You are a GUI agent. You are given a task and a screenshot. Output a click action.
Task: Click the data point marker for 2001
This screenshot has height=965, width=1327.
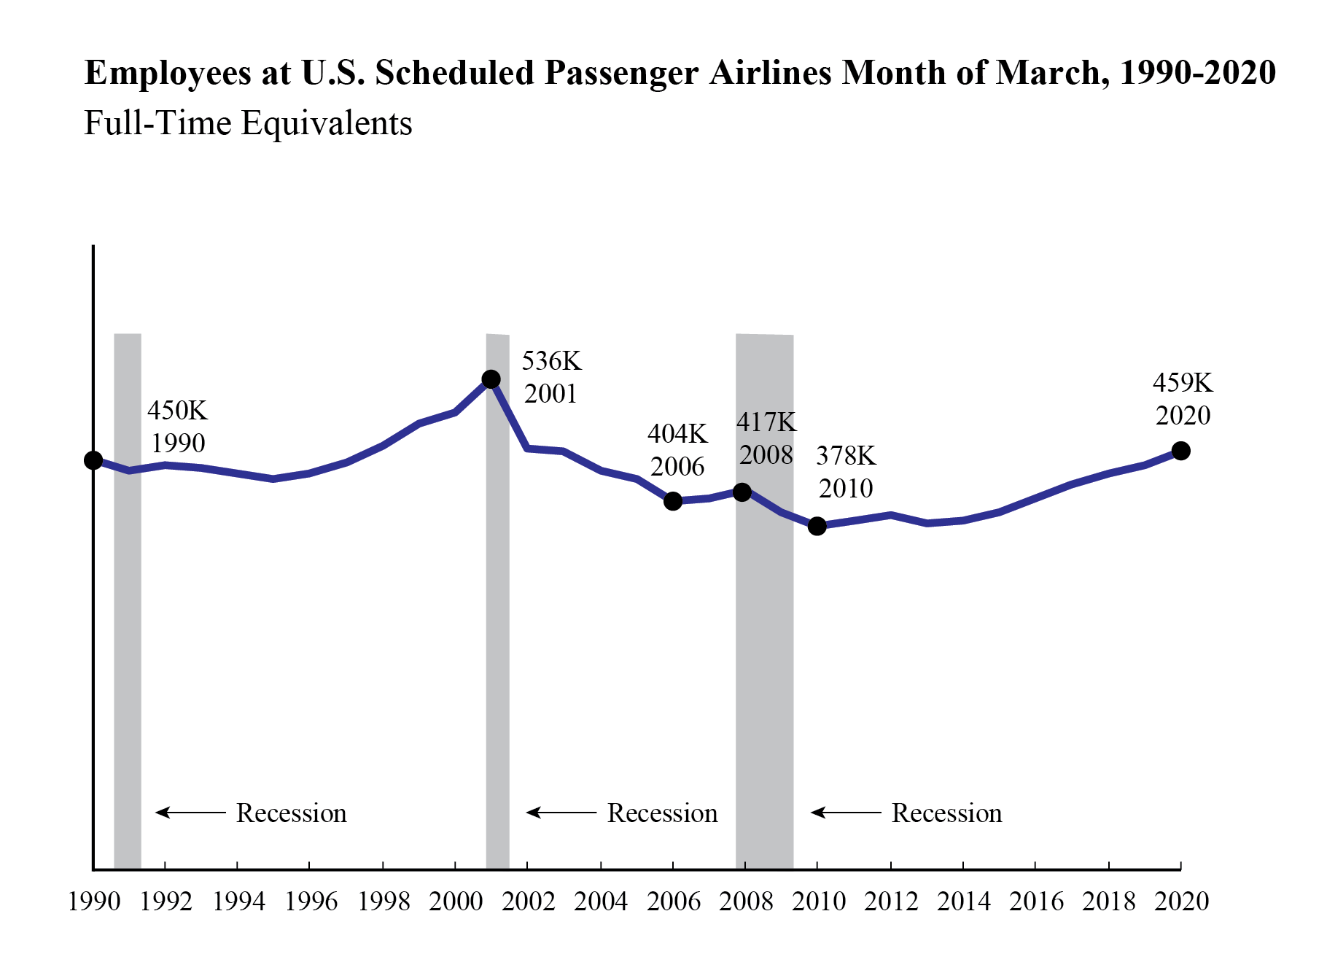point(491,379)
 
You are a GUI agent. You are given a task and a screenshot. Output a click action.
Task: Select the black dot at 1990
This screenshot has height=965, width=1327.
point(93,460)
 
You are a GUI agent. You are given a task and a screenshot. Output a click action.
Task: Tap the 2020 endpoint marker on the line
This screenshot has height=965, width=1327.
point(1180,452)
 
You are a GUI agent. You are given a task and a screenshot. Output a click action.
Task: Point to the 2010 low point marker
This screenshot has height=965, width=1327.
point(817,526)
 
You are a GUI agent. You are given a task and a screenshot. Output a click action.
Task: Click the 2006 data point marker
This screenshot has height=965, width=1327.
point(673,501)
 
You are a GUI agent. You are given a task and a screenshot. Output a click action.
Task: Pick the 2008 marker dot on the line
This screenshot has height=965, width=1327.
point(742,492)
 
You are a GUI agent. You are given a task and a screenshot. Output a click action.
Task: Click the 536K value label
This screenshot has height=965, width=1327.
point(551,361)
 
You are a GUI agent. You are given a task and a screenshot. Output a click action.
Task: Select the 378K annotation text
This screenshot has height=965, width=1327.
point(846,456)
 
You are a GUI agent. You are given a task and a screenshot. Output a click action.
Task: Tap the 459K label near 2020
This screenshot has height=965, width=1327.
point(1183,383)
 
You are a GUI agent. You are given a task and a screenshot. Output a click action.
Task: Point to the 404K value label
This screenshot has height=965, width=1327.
point(677,434)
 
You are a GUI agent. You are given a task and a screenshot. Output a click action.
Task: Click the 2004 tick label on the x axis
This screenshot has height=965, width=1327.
point(601,902)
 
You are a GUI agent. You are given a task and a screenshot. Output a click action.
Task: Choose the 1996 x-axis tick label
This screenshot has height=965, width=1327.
point(311,902)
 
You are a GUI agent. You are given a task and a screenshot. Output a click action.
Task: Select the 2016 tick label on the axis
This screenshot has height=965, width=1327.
point(1036,902)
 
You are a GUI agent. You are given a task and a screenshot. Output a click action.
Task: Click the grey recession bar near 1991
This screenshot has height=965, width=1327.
point(128,598)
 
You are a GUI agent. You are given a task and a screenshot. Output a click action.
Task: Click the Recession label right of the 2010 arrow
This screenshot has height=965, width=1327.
point(946,813)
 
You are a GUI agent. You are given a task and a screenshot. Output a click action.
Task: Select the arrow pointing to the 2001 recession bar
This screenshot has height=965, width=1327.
point(561,813)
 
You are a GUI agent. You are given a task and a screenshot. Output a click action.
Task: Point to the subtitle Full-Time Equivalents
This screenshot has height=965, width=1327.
point(248,123)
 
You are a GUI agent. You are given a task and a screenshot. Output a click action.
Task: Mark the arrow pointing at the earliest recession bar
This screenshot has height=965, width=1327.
point(190,813)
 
